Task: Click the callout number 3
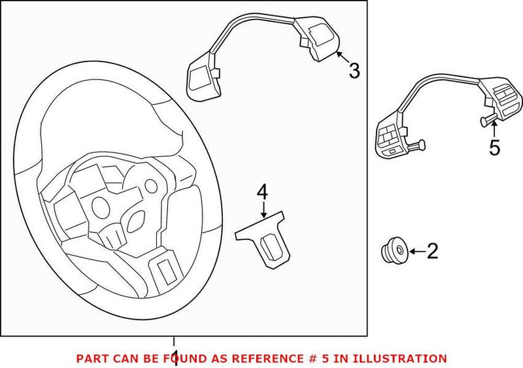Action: point(354,71)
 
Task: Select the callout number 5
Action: point(495,148)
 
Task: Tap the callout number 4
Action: point(262,192)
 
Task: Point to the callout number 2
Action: point(432,250)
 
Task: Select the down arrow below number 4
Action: point(263,209)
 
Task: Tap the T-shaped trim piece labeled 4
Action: point(265,239)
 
